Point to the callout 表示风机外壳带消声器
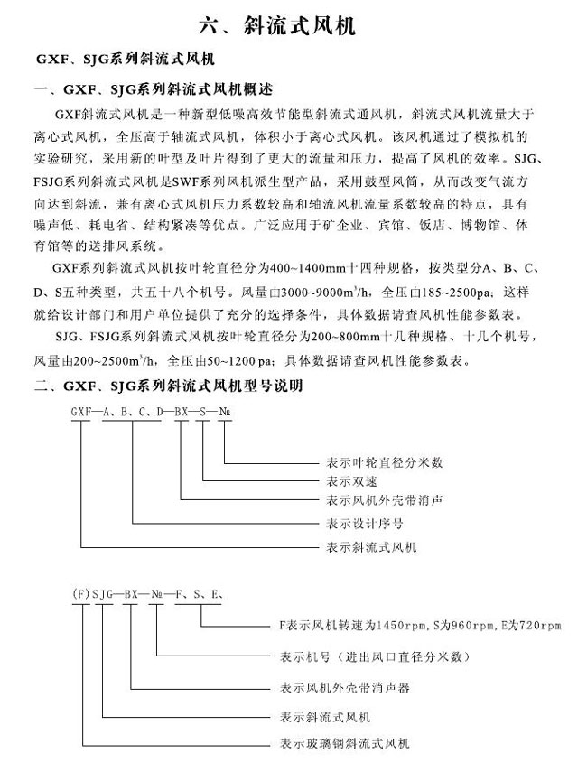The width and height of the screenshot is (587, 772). coord(340,688)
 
